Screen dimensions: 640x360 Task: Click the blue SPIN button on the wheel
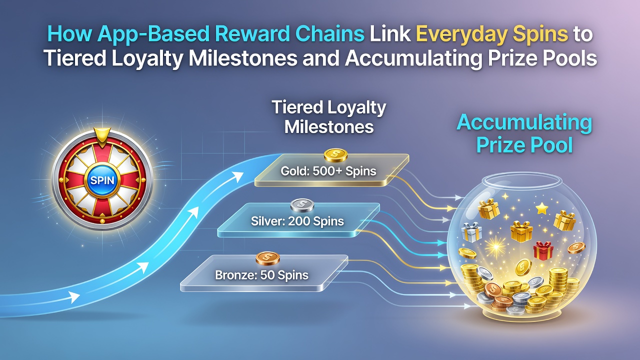[x=102, y=180]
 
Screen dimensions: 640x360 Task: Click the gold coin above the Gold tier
[x=335, y=155]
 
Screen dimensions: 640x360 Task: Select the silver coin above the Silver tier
[x=302, y=205]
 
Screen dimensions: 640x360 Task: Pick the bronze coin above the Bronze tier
[x=267, y=258]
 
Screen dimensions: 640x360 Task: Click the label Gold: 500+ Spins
[x=328, y=171]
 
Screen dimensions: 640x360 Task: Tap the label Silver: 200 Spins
[x=297, y=221]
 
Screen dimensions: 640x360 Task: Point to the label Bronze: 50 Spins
[x=261, y=275]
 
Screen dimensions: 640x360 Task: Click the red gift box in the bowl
[x=543, y=250]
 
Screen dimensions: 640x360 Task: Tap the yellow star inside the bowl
[x=541, y=208]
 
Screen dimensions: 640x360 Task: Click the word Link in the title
[x=390, y=34]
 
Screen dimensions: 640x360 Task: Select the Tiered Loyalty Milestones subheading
[x=329, y=117]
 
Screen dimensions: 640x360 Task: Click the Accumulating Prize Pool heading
[x=524, y=133]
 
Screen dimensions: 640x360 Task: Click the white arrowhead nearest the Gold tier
[x=237, y=177]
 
